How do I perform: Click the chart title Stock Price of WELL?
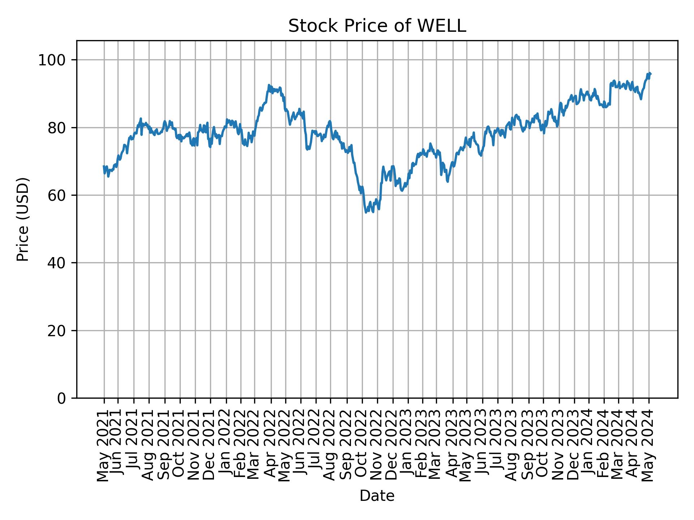tap(377, 26)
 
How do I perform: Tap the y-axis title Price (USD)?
tap(23, 219)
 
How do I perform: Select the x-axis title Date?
tap(377, 496)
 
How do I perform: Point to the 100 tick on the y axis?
tap(54, 60)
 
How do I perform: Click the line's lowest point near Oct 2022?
tap(366, 212)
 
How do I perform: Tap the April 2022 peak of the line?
tap(269, 85)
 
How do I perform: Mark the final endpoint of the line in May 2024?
tap(651, 74)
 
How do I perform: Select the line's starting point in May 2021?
tap(104, 166)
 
